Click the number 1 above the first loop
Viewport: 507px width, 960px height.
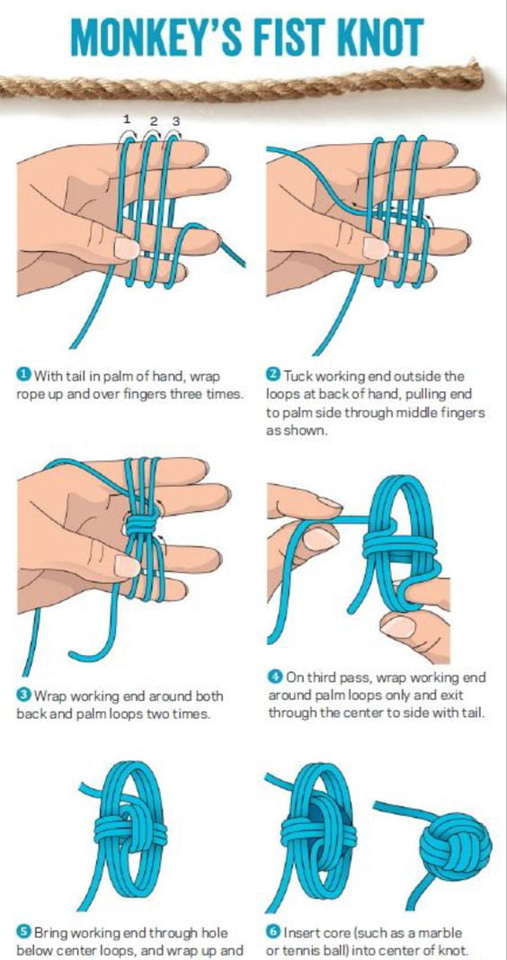point(127,118)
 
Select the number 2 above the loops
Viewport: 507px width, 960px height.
point(154,121)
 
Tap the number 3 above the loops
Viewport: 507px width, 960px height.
point(175,121)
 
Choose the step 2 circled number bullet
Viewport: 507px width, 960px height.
point(273,374)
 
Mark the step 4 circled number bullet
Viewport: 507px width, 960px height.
point(274,677)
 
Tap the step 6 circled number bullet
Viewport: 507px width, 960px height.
point(274,932)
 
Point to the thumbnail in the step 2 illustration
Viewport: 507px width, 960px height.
point(376,247)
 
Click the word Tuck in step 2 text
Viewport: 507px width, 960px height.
point(297,374)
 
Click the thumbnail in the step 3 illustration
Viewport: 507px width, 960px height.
point(127,566)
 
